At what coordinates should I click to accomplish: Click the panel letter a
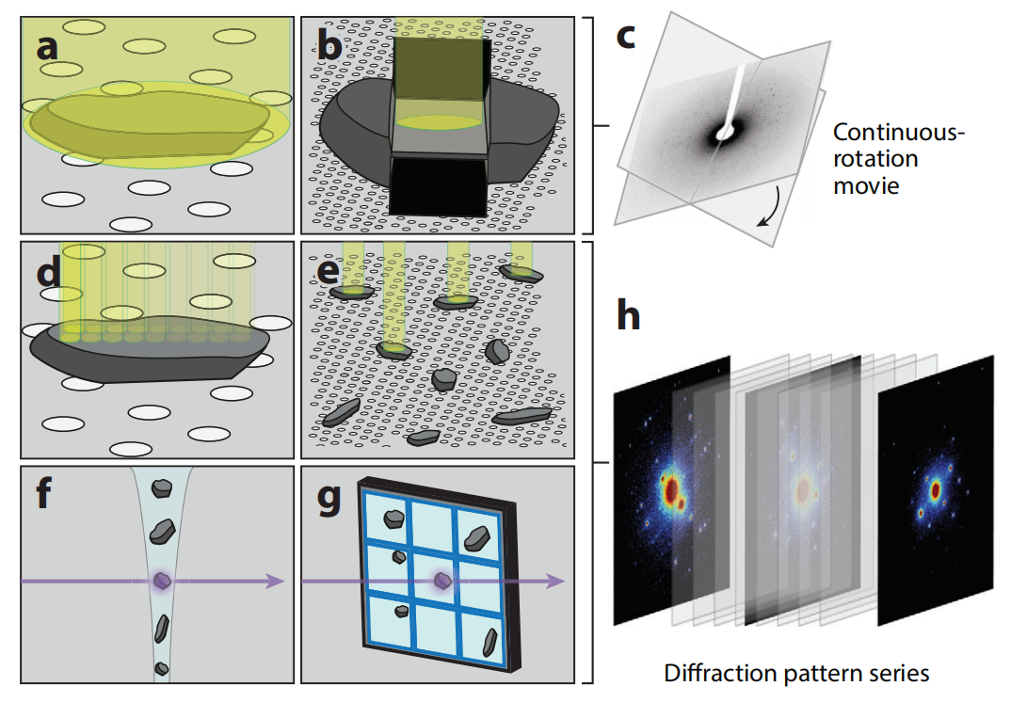[x=47, y=45]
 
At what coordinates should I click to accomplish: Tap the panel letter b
[x=329, y=45]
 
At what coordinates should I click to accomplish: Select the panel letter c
[x=628, y=37]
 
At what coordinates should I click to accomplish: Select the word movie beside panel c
[x=866, y=184]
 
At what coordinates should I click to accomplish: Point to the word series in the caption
[x=901, y=674]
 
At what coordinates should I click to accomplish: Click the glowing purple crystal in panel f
[x=163, y=582]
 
